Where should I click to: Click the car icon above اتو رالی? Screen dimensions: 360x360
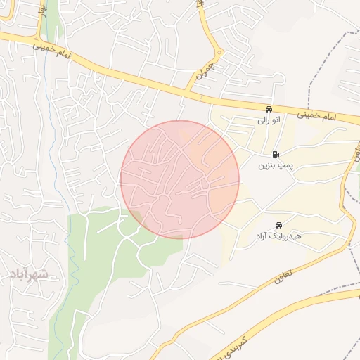point(269,109)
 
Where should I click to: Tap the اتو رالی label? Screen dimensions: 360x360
point(269,120)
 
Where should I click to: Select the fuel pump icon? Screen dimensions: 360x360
point(275,154)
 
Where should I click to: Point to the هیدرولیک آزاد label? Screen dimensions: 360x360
point(278,236)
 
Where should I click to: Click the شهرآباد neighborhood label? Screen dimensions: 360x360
point(29,274)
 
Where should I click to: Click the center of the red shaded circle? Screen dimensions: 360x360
point(180,179)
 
